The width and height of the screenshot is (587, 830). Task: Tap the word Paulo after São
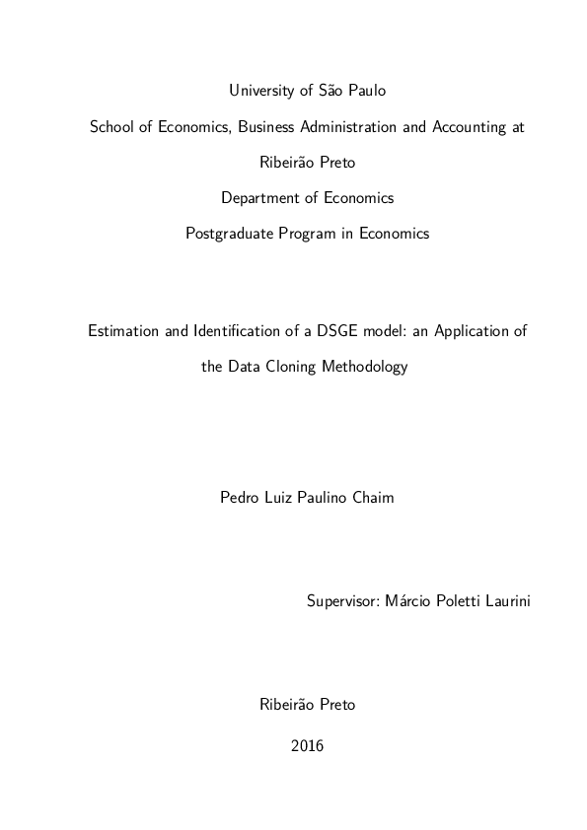(366, 91)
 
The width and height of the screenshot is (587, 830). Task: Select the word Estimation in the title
(122, 331)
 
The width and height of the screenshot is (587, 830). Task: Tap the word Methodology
(366, 367)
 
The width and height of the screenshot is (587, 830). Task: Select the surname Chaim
(373, 498)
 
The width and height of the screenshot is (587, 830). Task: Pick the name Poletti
(446, 600)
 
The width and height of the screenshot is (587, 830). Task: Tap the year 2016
(307, 746)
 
